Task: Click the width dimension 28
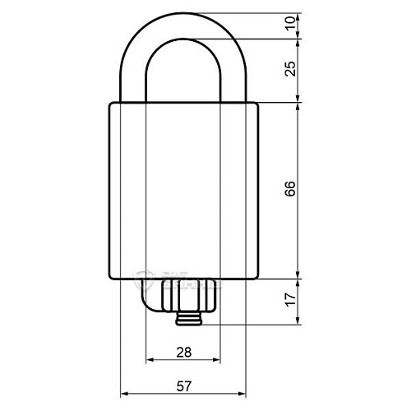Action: click(x=183, y=351)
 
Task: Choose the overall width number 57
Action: click(x=185, y=384)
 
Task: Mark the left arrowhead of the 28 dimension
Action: click(x=149, y=361)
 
